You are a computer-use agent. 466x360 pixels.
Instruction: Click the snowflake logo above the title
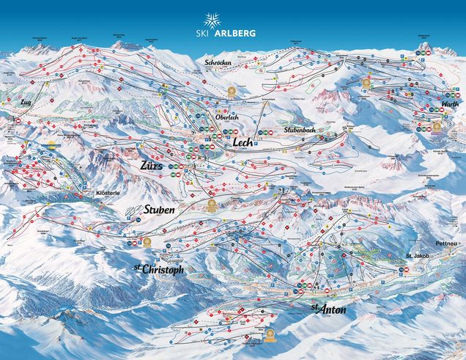coord(232,20)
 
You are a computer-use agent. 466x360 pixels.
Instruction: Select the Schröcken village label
coord(219,63)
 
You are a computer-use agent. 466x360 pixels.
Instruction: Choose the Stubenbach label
coord(299,129)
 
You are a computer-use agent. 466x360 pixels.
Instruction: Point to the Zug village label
coord(28,102)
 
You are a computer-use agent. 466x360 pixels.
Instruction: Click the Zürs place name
coord(155,166)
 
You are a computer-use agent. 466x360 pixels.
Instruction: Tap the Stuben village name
coord(159,210)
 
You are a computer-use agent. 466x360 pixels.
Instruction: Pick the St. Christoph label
coord(158,269)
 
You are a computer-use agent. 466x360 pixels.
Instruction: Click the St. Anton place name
coord(328,309)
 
